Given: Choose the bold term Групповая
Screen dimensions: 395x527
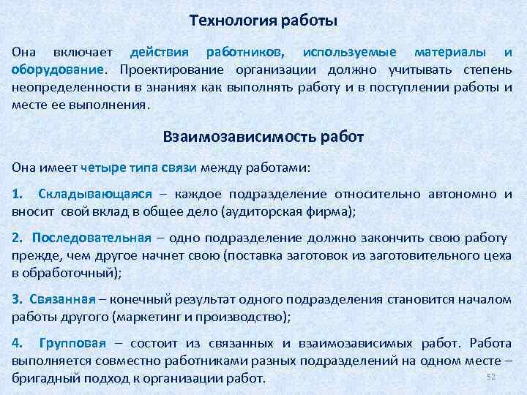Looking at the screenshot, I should tap(72, 343).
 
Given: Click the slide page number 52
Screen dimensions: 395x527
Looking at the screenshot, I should tap(491, 377).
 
